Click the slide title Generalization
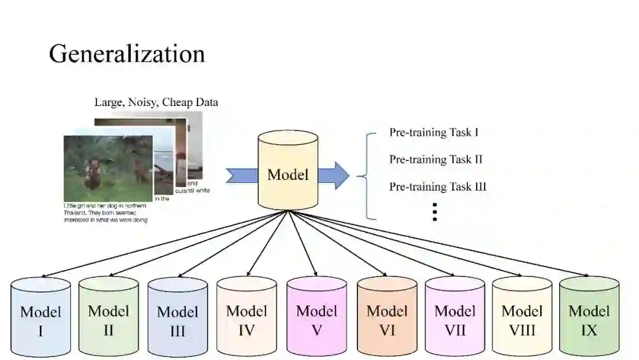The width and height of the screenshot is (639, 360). pyautogui.click(x=127, y=54)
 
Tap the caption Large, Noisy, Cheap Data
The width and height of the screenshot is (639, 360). pyautogui.click(x=156, y=102)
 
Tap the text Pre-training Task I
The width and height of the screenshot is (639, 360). pyautogui.click(x=434, y=132)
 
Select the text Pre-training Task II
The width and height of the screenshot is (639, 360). pyautogui.click(x=436, y=159)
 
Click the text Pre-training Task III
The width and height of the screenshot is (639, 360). pyautogui.click(x=438, y=187)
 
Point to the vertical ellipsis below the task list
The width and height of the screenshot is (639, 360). pyautogui.click(x=435, y=211)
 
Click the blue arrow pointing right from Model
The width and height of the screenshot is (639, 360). pyautogui.click(x=334, y=175)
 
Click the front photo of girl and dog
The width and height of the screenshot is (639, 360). pyautogui.click(x=108, y=169)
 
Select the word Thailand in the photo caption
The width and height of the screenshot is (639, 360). pyautogui.click(x=73, y=213)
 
